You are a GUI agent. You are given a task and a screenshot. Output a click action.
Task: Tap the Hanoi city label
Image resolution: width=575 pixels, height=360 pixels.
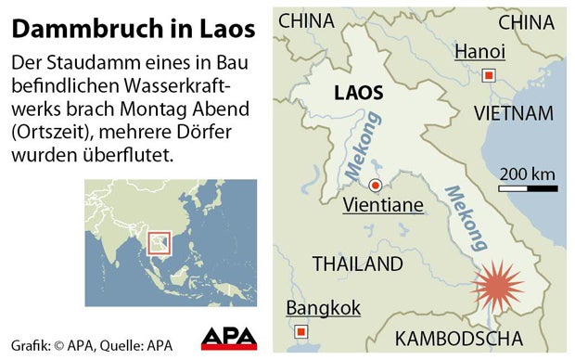click(479, 51)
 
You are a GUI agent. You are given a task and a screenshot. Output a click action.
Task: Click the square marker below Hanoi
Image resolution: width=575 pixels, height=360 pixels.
click(490, 76)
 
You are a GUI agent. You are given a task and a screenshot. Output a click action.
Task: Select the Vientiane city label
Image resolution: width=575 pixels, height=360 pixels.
click(383, 205)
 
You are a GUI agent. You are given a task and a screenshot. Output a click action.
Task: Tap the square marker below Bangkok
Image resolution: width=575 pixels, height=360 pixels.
click(300, 331)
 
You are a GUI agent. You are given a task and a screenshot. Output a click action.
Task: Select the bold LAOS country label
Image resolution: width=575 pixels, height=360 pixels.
click(358, 94)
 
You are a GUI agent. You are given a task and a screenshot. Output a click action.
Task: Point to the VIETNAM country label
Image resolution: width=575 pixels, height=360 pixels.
click(513, 113)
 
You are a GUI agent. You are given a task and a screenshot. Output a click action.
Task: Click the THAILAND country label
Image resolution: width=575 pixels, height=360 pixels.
click(357, 264)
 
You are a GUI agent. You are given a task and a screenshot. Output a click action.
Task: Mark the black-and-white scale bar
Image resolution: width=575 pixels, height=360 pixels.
click(528, 188)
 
